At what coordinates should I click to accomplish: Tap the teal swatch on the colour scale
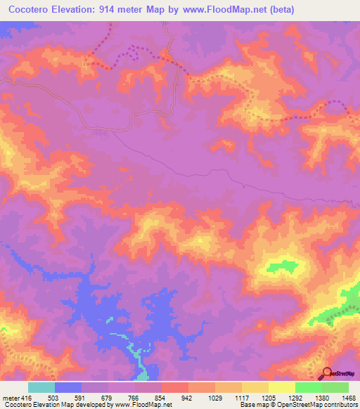coord(41,387)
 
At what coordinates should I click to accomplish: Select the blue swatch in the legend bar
coord(68,387)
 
